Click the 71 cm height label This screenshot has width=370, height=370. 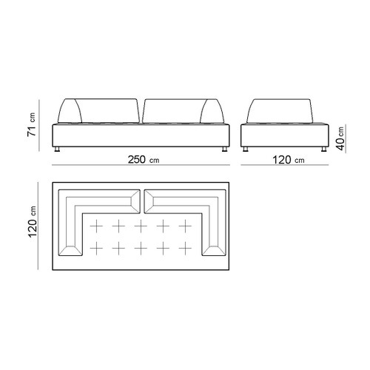click(x=32, y=124)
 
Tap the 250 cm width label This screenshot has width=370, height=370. click(x=144, y=160)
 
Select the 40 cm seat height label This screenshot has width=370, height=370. click(x=340, y=138)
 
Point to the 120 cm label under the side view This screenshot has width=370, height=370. click(x=288, y=160)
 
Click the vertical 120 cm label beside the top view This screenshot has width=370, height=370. click(x=33, y=222)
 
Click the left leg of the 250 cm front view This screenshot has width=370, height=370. click(x=57, y=149)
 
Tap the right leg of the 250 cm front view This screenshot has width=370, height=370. click(x=224, y=149)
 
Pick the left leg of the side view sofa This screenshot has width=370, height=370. click(x=246, y=149)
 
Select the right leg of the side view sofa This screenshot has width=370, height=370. click(x=324, y=149)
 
